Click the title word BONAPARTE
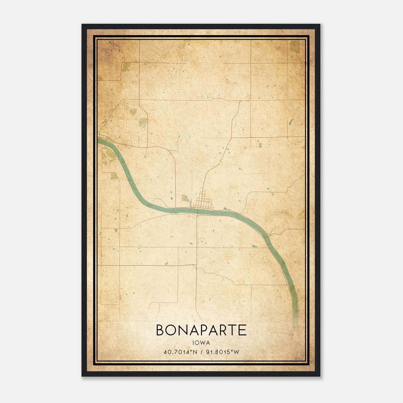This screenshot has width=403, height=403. coord(201,330)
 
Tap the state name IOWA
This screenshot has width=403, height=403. coord(201,343)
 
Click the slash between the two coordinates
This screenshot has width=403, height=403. coord(201,352)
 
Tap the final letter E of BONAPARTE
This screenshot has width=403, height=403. coord(242,330)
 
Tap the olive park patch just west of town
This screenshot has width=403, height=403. coord(186,198)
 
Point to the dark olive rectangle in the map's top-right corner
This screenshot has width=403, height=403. coord(295,47)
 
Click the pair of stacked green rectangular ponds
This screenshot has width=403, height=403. coord(260,145)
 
